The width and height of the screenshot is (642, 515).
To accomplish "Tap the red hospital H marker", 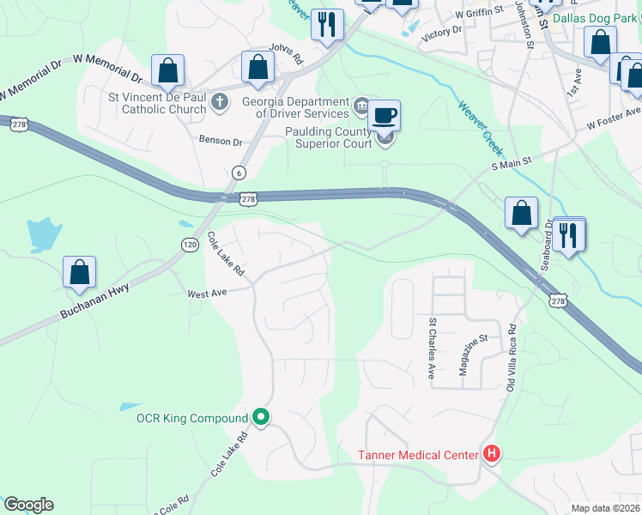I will [x=492, y=453].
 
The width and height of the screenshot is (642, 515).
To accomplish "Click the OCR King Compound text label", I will [x=192, y=419].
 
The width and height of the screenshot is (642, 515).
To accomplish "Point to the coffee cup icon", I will [x=385, y=114].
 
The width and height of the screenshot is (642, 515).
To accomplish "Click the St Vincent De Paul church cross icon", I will [x=220, y=103].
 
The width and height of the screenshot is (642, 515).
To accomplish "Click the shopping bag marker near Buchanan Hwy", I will [x=79, y=272].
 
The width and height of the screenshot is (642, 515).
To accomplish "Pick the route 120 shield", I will [x=190, y=245].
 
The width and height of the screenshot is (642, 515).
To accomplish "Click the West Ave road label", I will [x=207, y=293].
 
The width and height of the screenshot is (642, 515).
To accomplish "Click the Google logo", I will [x=28, y=505].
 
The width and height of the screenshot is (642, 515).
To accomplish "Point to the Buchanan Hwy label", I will [x=94, y=303].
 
